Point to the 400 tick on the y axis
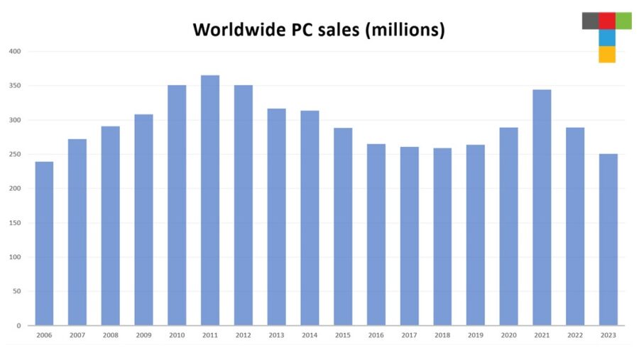click(16, 51)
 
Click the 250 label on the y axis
click(16, 154)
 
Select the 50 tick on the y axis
click(17, 291)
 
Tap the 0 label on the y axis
click(19, 326)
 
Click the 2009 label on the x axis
click(143, 335)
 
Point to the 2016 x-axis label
click(376, 335)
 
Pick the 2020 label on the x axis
click(508, 335)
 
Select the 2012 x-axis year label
click(244, 335)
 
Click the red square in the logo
click(607, 21)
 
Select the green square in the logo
click(623, 21)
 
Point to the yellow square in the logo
click(607, 55)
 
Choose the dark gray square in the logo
click(590, 21)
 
